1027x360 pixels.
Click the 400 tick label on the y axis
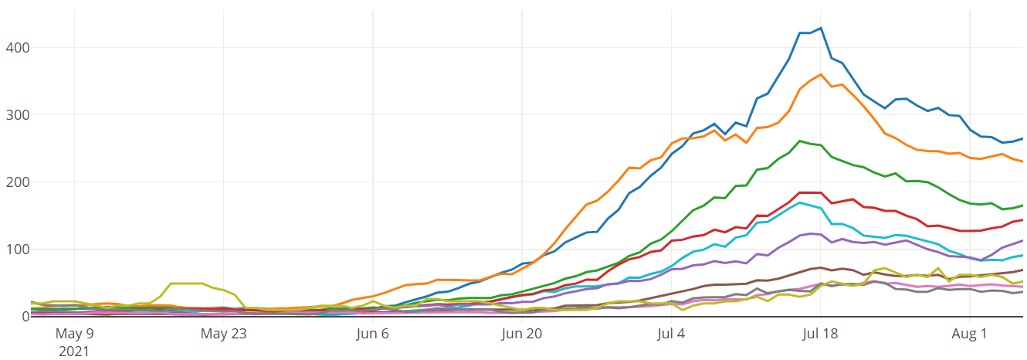coord(15,48)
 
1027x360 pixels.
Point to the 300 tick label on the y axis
coord(15,115)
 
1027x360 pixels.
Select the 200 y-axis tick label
coord(15,182)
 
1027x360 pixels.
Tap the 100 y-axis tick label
coord(15,250)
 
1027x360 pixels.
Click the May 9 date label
coord(74,335)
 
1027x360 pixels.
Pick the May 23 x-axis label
coord(223,335)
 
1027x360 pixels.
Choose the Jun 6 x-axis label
coord(373,335)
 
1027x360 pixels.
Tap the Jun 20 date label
coord(522,335)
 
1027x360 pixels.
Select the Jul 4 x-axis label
coord(671,335)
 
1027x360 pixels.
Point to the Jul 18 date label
coord(820,335)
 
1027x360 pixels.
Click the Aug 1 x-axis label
coord(970,335)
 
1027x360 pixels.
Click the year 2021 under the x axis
coord(74,352)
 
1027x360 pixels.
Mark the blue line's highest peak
coord(821,28)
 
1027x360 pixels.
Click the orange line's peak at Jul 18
coord(821,74)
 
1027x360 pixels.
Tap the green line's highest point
coord(799,141)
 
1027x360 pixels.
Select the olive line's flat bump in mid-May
coord(186,284)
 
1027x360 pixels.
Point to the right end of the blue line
coord(1023,139)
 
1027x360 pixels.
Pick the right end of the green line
coord(1023,205)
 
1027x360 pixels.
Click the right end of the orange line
coord(1023,162)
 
